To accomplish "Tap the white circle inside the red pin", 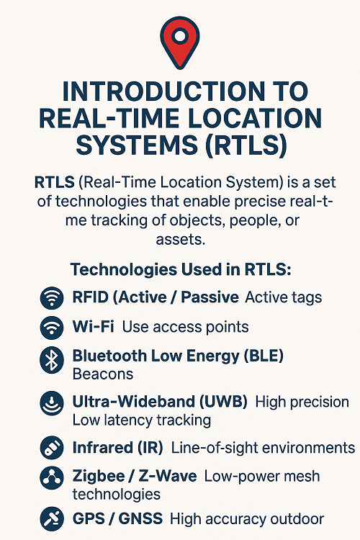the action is [180, 36].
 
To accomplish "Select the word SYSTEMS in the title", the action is [137, 145].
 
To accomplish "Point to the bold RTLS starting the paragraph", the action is [55, 182].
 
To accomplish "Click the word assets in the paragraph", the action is [180, 239].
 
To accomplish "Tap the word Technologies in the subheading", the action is [123, 270].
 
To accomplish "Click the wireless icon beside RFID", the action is [52, 297].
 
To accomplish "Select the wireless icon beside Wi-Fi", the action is [52, 327].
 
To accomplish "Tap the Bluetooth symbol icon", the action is [52, 360].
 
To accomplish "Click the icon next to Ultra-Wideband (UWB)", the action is [52, 403].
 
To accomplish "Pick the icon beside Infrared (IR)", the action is [52, 448].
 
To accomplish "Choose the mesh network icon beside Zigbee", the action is [52, 478].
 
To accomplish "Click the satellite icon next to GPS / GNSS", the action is [52, 518].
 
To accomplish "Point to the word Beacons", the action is [103, 374].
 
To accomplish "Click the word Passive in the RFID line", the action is [210, 297].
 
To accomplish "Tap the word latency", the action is [127, 420].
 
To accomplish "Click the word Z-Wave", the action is [168, 477].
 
